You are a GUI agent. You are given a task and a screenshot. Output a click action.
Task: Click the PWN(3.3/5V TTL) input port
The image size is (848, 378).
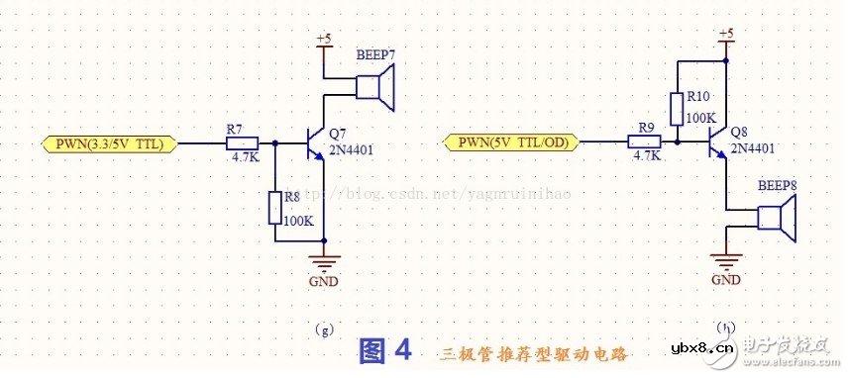tap(110, 143)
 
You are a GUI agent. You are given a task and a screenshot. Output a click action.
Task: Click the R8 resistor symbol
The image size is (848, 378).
tap(274, 209)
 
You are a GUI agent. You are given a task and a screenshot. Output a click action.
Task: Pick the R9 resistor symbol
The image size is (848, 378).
tap(644, 142)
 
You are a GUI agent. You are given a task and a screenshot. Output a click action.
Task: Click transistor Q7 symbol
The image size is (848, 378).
tap(315, 143)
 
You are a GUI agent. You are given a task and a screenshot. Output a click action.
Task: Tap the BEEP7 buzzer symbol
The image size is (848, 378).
tap(375, 86)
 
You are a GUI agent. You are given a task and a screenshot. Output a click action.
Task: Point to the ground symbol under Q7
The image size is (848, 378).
tap(323, 261)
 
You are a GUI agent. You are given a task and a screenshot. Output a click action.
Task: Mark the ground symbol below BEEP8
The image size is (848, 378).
tap(726, 260)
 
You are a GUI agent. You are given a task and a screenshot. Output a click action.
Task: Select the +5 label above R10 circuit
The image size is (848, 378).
tap(726, 36)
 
